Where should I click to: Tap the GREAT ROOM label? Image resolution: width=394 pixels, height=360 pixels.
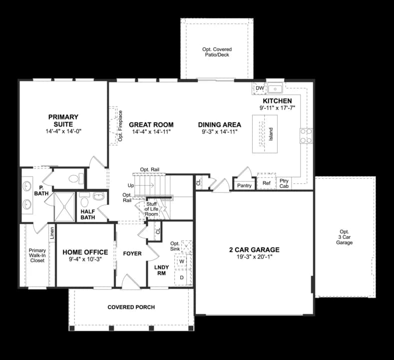coord(151,125)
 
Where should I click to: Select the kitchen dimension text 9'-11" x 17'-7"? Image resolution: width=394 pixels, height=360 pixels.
coord(277,107)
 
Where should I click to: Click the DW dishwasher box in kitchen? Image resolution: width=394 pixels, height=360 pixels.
coord(259,88)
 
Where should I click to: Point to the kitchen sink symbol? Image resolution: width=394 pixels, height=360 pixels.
coord(275,89)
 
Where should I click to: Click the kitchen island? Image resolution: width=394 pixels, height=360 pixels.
coord(265,134)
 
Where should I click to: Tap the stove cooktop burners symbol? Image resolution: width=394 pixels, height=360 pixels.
coord(306,135)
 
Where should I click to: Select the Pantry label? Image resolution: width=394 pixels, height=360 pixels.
coord(244,185)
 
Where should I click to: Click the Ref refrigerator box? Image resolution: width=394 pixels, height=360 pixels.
coord(266,183)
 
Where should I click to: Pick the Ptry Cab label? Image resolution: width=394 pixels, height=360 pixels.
coord(284,183)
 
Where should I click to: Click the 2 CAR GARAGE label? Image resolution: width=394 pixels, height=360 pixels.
coord(254,250)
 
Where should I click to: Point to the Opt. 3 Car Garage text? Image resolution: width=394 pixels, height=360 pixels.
coord(344,237)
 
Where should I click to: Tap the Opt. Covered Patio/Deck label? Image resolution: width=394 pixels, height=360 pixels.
coord(217,52)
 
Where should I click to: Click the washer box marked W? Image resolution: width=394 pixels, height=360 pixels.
coord(182,261)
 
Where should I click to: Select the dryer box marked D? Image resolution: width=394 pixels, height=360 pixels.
coord(182,277)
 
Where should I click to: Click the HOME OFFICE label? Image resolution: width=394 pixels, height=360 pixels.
coord(85,252)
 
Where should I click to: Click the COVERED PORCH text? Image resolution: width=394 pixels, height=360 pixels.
coord(131,307)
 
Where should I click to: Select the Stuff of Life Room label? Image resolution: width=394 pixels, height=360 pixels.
coord(152,209)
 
